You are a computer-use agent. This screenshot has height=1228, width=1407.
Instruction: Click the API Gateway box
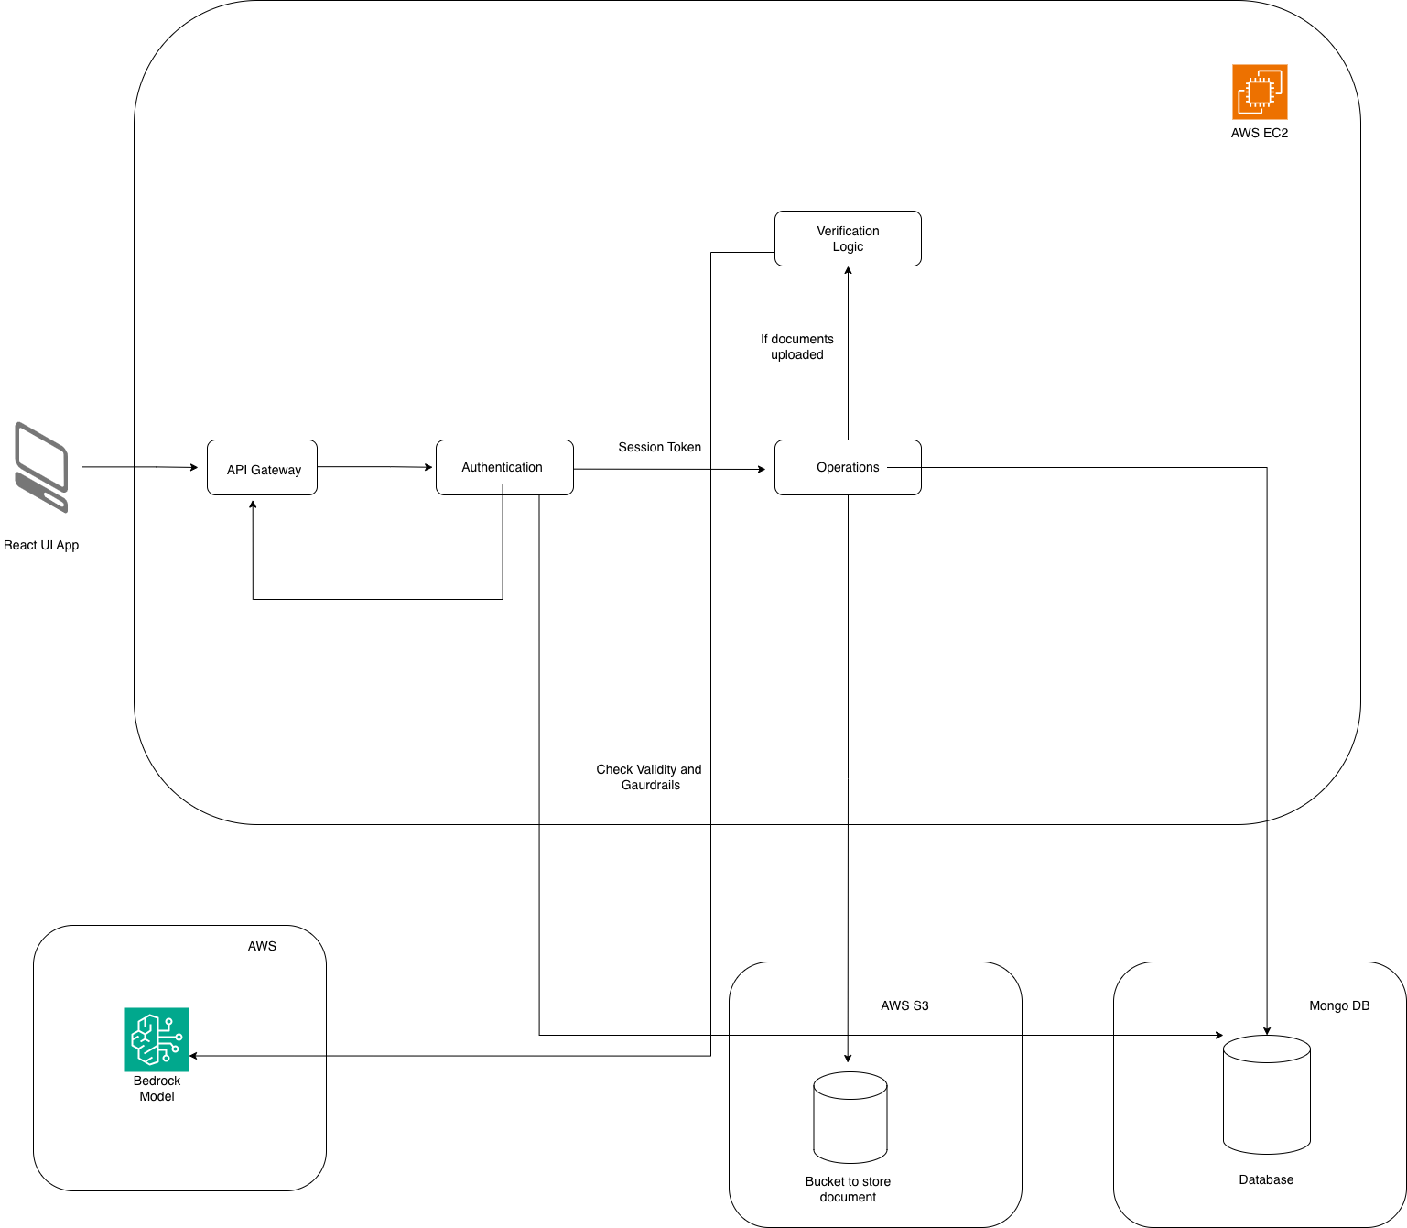[262, 467]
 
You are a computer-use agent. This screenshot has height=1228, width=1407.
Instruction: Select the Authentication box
[504, 467]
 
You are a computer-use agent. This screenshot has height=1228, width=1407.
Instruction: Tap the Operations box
[848, 467]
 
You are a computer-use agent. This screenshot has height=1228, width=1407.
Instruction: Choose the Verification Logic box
[848, 238]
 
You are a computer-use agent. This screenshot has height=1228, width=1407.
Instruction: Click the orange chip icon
[1260, 92]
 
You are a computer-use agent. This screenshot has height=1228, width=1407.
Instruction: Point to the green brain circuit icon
[157, 1039]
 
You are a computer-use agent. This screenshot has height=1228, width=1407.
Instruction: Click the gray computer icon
[41, 467]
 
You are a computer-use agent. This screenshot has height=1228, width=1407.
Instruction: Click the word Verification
[848, 231]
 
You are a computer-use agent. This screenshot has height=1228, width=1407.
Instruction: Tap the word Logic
[848, 246]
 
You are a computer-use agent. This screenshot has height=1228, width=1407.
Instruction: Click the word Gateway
[276, 470]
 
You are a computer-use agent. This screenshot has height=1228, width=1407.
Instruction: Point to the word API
[237, 470]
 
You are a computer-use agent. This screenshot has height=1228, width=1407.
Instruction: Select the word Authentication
[502, 467]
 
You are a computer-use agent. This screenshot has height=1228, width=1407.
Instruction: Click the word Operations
[848, 467]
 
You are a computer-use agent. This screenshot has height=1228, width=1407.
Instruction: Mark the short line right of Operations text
[904, 467]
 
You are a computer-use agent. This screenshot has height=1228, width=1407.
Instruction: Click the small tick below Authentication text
[503, 489]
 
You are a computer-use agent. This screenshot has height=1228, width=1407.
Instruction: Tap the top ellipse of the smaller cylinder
[850, 1086]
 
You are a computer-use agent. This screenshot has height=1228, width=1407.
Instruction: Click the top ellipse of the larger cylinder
[1267, 1049]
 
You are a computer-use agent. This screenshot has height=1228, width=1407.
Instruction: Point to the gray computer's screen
[42, 457]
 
